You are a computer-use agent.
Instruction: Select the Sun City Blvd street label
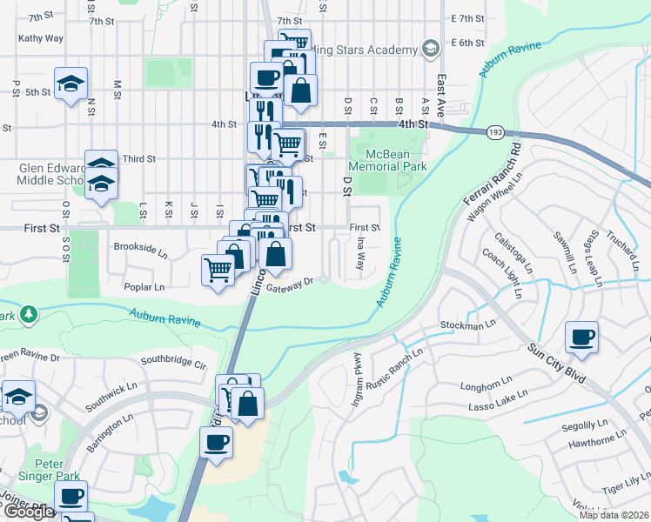point(556,359)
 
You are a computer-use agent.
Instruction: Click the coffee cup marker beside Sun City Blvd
point(581,336)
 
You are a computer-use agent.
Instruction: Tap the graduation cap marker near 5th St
point(70,84)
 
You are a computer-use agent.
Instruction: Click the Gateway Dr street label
point(290,285)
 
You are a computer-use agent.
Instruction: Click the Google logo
point(29,512)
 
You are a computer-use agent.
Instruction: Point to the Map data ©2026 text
point(613,515)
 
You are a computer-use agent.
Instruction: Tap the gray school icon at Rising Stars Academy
point(429,48)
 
